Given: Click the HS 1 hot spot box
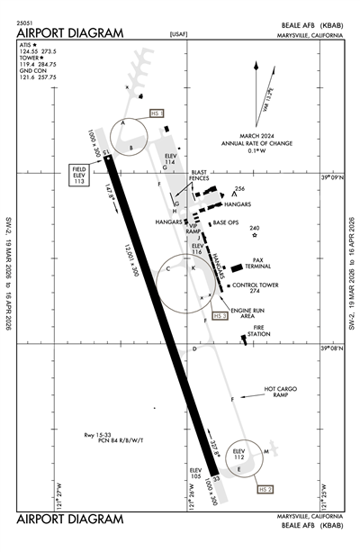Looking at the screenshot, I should click(156, 114).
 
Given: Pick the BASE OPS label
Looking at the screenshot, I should click(226, 222).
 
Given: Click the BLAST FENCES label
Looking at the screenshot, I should click(200, 177).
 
